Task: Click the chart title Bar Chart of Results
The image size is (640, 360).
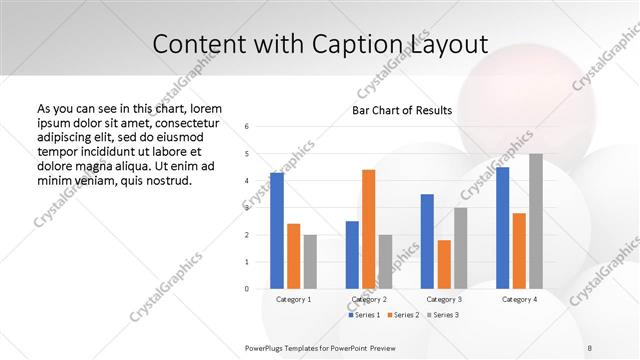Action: tap(402, 110)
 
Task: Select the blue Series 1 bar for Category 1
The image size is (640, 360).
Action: tap(277, 230)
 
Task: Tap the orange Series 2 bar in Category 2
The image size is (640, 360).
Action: tap(369, 229)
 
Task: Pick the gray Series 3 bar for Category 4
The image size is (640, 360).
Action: tap(536, 221)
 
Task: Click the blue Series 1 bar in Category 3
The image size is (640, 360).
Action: tap(427, 241)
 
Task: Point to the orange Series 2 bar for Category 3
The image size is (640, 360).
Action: tap(444, 264)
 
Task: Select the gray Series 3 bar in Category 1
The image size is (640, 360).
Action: tap(310, 261)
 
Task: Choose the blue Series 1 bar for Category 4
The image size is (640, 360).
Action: tap(502, 227)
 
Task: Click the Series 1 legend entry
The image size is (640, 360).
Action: tap(365, 315)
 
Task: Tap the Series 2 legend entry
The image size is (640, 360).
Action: tap(403, 315)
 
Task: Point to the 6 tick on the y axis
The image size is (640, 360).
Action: tap(247, 127)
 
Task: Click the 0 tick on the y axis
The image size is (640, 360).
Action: tap(247, 289)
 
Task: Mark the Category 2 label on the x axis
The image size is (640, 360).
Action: tap(369, 299)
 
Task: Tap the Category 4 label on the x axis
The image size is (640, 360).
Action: tap(519, 299)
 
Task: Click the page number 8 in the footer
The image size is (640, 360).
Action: tap(589, 347)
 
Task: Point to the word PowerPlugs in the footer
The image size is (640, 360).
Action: tap(265, 347)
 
